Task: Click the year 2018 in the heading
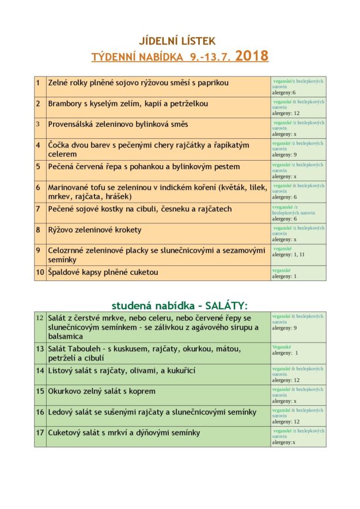point(252,56)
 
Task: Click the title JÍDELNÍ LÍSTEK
point(177,41)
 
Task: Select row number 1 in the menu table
point(38,83)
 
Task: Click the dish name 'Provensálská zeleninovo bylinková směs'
point(118,124)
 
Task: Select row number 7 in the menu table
point(38,208)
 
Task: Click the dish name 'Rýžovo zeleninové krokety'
point(95,230)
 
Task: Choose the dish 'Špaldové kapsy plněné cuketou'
point(103,272)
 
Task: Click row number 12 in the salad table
point(40,318)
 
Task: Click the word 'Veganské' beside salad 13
point(282,347)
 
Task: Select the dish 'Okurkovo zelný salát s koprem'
point(102,391)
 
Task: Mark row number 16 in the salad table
point(40,412)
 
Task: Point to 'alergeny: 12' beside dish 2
point(286,113)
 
